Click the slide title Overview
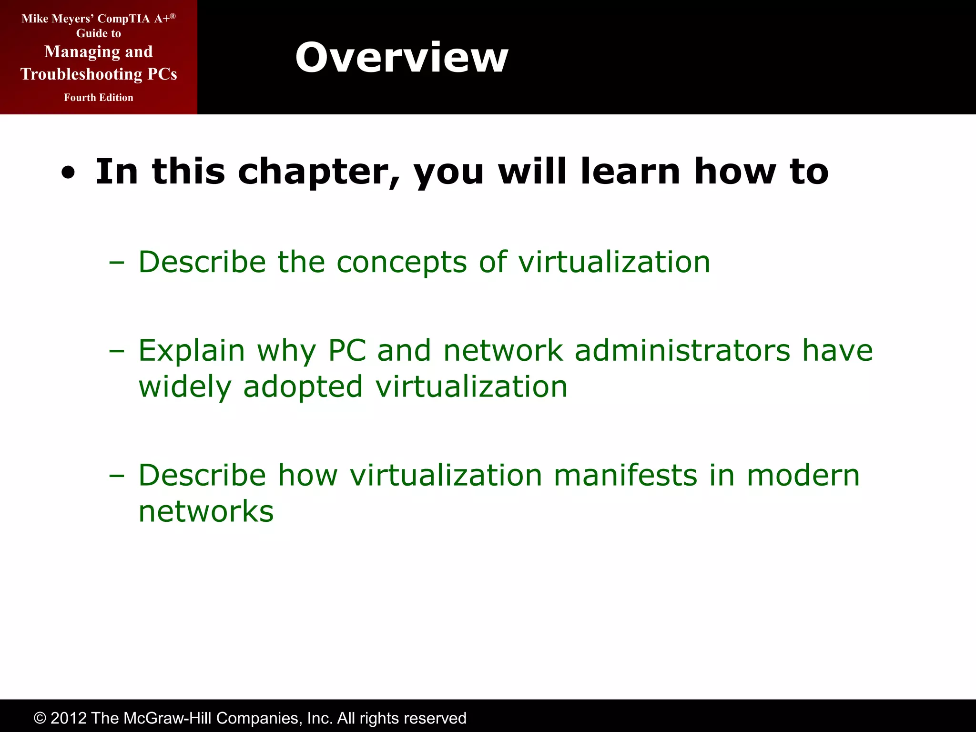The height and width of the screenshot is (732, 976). coord(401,58)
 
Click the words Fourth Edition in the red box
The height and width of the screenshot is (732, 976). coord(99,98)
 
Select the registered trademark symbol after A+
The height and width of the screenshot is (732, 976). coord(173,16)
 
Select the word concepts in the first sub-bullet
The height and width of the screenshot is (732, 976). coord(401,263)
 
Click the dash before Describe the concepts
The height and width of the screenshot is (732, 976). coord(116,263)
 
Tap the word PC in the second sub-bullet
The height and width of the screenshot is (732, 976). coord(347,351)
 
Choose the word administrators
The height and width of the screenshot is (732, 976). coord(682,351)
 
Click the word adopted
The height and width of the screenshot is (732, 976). coord(303,386)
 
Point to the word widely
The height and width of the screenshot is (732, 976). coord(184,386)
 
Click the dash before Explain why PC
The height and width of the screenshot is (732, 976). coord(116,351)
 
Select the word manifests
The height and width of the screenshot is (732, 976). coord(625,476)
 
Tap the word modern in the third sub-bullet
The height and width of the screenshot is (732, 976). coord(803,476)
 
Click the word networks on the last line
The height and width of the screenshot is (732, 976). coord(206,511)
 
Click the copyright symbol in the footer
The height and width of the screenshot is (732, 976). coord(40,718)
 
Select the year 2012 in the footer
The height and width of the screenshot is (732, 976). coord(69,718)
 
